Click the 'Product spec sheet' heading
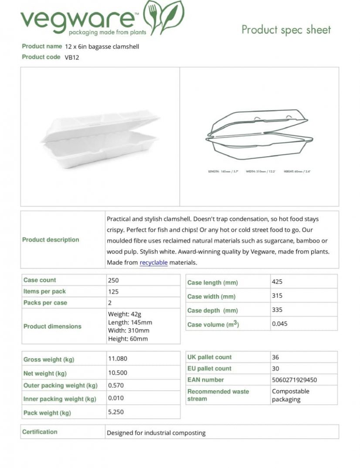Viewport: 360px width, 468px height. [x=286, y=30]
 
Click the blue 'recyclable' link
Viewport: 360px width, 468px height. [x=153, y=263]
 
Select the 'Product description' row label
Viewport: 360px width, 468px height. [x=51, y=239]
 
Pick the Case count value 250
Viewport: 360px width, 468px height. [x=113, y=280]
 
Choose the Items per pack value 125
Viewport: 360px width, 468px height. [x=113, y=292]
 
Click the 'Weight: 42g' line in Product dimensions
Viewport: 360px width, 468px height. [x=125, y=314]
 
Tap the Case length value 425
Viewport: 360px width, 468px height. [x=277, y=282]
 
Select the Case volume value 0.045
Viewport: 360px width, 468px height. [x=280, y=324]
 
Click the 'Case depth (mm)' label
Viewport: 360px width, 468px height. [x=213, y=311]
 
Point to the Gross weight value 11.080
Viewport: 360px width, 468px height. [x=118, y=359]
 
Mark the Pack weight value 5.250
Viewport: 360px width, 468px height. [x=116, y=412]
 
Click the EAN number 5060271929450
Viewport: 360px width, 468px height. [x=294, y=380]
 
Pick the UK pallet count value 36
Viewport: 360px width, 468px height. [x=275, y=357]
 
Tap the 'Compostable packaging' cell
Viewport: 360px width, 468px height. [x=290, y=395]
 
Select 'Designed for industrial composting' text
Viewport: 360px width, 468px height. [x=156, y=433]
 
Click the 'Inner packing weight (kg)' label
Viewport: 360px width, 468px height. [x=60, y=399]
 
